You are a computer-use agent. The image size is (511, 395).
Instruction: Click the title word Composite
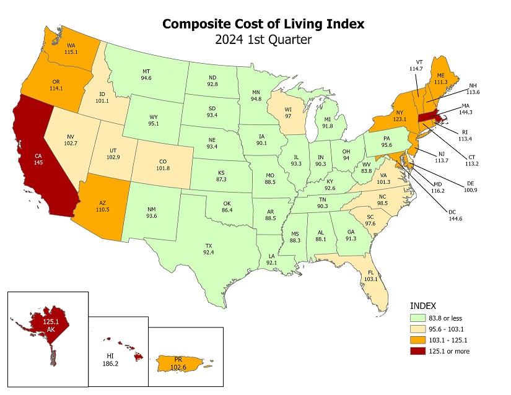pos(195,24)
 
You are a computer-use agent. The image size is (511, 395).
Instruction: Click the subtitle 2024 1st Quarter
pos(263,41)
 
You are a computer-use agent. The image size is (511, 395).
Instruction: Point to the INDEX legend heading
pos(424,305)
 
